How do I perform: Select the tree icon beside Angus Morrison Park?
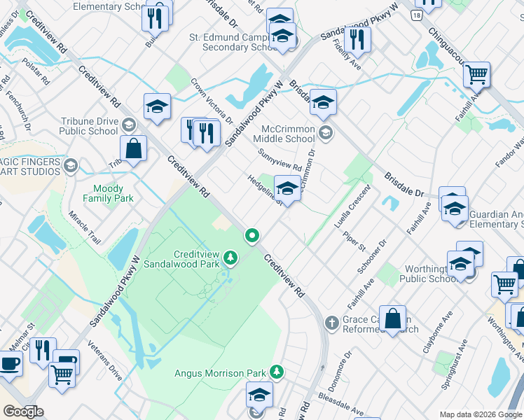[277, 372]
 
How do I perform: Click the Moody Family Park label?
[108, 194]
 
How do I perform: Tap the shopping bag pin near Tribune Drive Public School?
[132, 150]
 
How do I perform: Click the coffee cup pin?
[9, 365]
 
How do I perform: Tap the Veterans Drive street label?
[105, 361]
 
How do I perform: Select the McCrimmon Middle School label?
[288, 134]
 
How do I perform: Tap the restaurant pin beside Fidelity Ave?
[357, 41]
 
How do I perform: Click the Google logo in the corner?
[24, 412]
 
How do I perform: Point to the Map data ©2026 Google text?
[480, 414]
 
